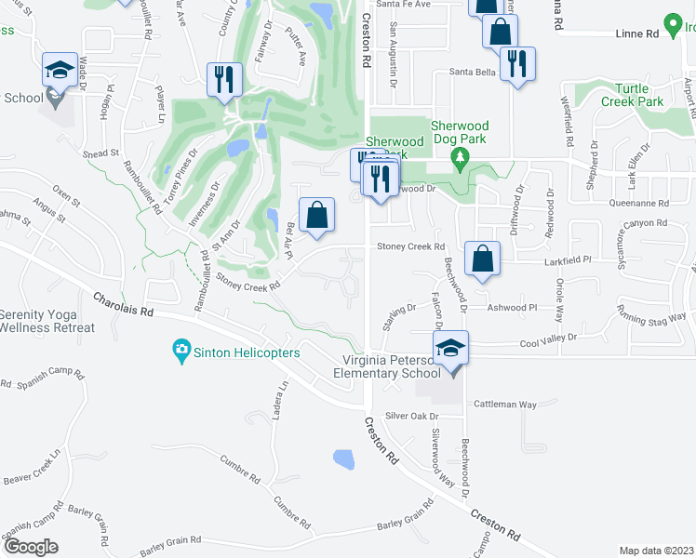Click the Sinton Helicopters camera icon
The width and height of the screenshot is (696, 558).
(x=181, y=351)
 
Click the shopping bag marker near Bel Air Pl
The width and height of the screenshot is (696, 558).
(x=317, y=213)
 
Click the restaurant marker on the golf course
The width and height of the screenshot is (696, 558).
(x=224, y=79)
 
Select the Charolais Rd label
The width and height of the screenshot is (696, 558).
(x=122, y=306)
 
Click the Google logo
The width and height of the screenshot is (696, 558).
(x=32, y=546)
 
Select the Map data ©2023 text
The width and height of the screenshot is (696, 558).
(x=656, y=551)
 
